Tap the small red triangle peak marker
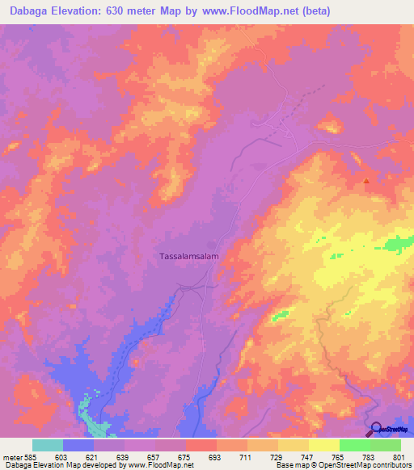(365, 181)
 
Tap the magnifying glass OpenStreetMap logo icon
(374, 429)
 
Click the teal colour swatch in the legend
(47, 445)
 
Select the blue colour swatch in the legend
(78, 445)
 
